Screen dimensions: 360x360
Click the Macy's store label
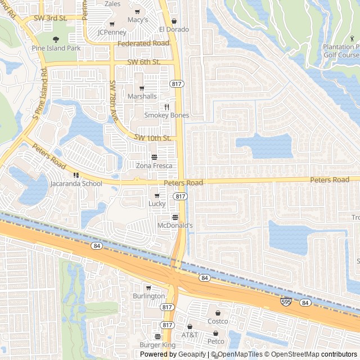(x=137, y=20)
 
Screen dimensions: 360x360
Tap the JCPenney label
(x=112, y=32)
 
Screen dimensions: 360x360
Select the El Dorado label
(x=174, y=29)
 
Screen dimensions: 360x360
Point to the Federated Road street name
(x=144, y=43)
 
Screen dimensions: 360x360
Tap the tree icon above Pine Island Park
(x=56, y=39)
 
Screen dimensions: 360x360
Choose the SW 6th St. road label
(x=144, y=62)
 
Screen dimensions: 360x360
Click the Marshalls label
(x=142, y=96)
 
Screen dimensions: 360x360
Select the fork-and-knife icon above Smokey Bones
(x=166, y=107)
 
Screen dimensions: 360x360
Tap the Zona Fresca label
(x=154, y=166)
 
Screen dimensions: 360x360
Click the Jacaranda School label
(x=76, y=183)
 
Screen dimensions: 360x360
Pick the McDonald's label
(x=175, y=226)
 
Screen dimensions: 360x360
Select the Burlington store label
(x=149, y=296)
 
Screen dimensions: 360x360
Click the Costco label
(x=218, y=321)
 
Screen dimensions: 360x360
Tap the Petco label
(x=216, y=341)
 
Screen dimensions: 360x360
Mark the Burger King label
(x=157, y=345)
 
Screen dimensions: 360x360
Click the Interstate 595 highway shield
(x=287, y=302)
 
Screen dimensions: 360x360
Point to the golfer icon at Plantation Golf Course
(x=353, y=39)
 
